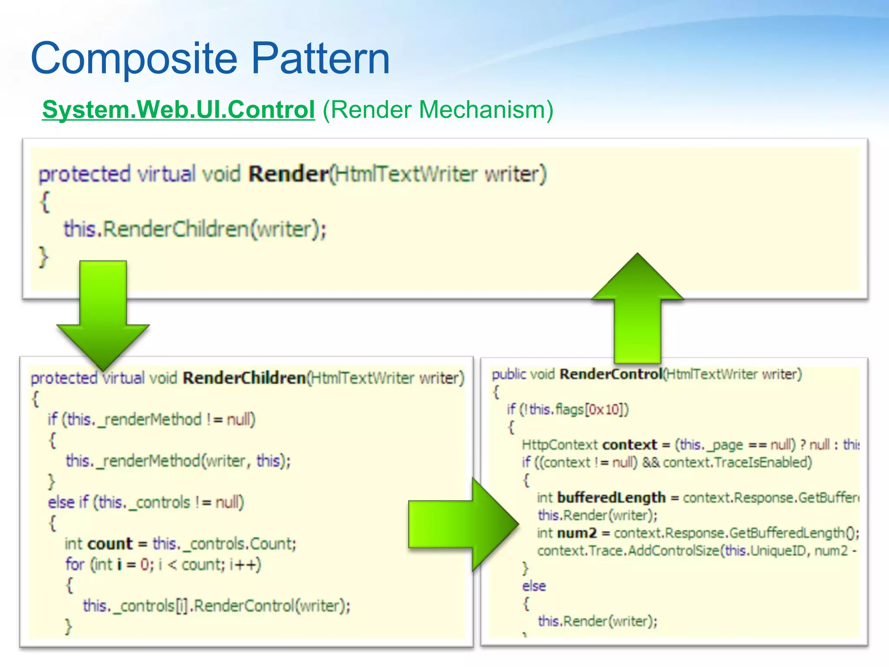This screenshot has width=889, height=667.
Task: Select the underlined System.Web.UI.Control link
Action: coord(178,109)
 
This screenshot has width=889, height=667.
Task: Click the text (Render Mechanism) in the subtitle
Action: coord(438,109)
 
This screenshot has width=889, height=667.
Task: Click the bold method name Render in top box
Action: coord(288,174)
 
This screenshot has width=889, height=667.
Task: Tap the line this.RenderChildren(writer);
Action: coord(195,229)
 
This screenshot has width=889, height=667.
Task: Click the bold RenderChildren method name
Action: coord(244,378)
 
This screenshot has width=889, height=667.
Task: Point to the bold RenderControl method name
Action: coord(611,374)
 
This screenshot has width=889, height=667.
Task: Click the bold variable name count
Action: coord(110,544)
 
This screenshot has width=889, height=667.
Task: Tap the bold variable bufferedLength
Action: coord(611,498)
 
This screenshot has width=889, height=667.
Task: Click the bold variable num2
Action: coord(577,533)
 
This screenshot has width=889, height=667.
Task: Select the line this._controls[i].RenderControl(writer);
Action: coord(217,606)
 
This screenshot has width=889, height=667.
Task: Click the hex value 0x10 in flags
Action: coord(605,409)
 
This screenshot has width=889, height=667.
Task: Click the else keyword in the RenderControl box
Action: coord(534,586)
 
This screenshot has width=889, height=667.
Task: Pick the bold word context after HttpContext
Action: coord(630,445)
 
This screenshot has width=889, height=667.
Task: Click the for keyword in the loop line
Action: coord(75,565)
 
